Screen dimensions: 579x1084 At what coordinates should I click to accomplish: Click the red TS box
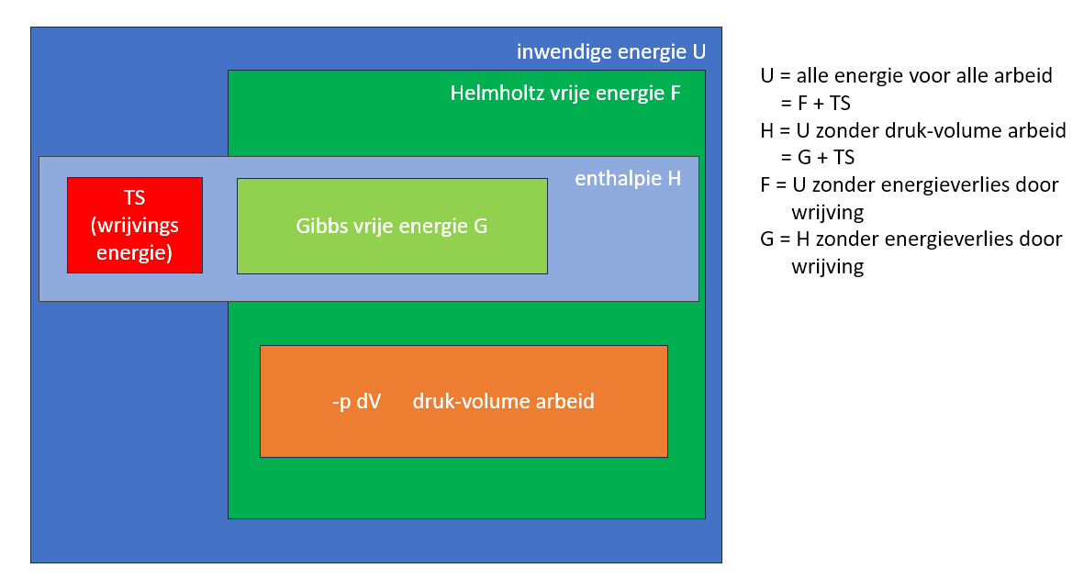click(x=134, y=225)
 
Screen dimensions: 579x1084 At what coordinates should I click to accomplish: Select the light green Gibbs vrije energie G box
click(x=392, y=226)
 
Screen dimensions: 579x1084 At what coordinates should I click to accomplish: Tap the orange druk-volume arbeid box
click(x=464, y=401)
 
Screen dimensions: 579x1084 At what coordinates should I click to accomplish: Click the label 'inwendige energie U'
click(x=610, y=51)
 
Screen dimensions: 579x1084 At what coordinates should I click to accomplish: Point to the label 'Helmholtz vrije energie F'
click(x=564, y=94)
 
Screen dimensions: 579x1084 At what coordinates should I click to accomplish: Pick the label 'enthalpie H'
click(x=628, y=178)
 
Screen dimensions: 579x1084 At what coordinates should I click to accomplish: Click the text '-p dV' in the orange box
click(x=356, y=401)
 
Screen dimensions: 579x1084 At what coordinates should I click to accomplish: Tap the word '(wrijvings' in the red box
click(x=135, y=226)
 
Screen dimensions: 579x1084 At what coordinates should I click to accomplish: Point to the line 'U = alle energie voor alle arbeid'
click(x=906, y=75)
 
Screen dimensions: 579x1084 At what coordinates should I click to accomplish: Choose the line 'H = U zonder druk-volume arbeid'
click(x=912, y=130)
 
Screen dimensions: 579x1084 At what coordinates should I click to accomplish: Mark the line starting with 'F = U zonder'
click(x=909, y=184)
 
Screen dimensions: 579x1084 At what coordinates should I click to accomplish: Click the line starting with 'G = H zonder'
click(x=911, y=239)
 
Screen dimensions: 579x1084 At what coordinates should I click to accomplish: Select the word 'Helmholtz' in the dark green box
click(x=492, y=94)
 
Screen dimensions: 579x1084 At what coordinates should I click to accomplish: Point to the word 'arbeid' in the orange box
click(x=565, y=401)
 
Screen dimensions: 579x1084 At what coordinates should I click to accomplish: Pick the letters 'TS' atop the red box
click(x=135, y=198)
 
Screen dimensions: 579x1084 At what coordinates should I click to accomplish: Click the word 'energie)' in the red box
click(x=135, y=252)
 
